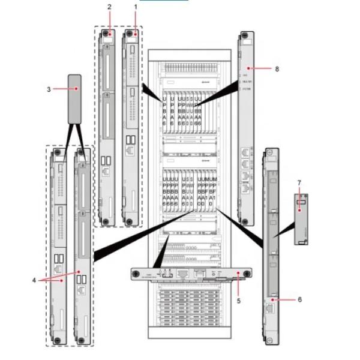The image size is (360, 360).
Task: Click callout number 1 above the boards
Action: [x=136, y=7]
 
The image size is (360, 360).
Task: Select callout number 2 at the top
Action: [x=109, y=7]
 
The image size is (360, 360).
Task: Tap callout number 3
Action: [x=48, y=89]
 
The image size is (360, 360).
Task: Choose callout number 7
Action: [x=299, y=182]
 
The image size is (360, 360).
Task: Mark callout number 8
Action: [x=277, y=69]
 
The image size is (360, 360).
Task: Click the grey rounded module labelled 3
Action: [x=74, y=95]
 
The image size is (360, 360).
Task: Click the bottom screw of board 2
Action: [x=106, y=221]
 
